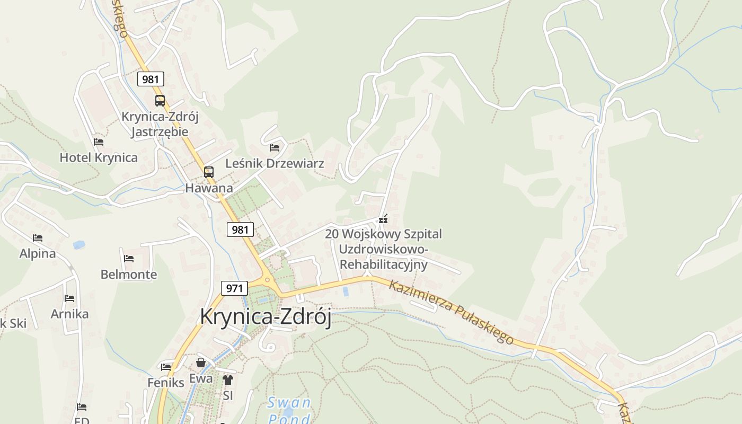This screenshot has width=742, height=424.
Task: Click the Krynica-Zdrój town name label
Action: click(266, 317)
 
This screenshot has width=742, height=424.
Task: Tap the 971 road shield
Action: click(234, 288)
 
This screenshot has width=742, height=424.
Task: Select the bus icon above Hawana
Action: click(209, 172)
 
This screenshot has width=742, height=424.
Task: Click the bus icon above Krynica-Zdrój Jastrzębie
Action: click(160, 101)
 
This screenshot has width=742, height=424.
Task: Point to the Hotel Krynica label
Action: click(99, 157)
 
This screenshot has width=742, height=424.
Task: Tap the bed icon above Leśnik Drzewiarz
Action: click(275, 147)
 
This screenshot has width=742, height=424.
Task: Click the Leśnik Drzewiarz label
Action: click(275, 163)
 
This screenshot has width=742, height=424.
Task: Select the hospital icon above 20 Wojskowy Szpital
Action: click(384, 219)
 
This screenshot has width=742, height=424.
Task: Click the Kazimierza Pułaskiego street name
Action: click(451, 312)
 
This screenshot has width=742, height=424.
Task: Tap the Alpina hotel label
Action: click(38, 253)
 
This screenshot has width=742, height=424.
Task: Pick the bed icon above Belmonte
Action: click(129, 259)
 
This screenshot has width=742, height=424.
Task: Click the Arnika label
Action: click(69, 314)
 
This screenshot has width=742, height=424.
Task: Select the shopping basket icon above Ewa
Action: click(201, 363)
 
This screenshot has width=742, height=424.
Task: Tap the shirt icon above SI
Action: click(228, 379)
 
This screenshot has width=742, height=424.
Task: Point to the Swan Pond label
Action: click(289, 410)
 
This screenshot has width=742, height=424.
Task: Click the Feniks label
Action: click(166, 382)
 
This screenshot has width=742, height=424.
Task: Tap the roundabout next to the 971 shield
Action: click(267, 279)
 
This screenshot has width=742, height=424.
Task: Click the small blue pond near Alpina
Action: click(79, 245)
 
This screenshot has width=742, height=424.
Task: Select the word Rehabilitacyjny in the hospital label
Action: click(384, 264)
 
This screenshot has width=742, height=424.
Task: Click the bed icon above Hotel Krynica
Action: click(99, 142)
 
